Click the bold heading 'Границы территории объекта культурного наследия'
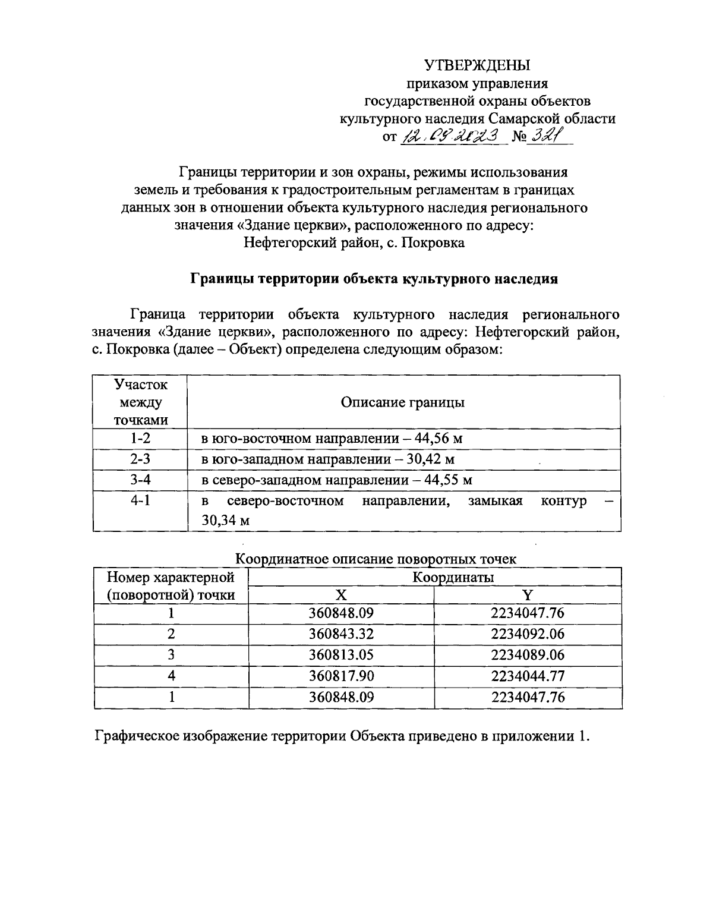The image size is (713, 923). click(373, 279)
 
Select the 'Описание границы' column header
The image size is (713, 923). click(402, 402)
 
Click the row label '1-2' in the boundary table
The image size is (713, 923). click(140, 439)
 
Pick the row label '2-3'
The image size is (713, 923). click(140, 459)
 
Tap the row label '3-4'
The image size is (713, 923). click(140, 480)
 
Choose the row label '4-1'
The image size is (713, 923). click(140, 500)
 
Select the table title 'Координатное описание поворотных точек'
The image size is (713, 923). click(376, 559)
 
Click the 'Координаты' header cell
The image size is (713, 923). click(454, 577)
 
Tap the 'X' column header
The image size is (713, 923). click(341, 595)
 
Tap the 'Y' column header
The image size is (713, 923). click(528, 595)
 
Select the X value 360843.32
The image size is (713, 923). click(341, 634)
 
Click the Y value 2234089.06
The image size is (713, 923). click(528, 654)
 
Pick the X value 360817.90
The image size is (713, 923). click(341, 676)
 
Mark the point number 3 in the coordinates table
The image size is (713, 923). click(171, 654)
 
